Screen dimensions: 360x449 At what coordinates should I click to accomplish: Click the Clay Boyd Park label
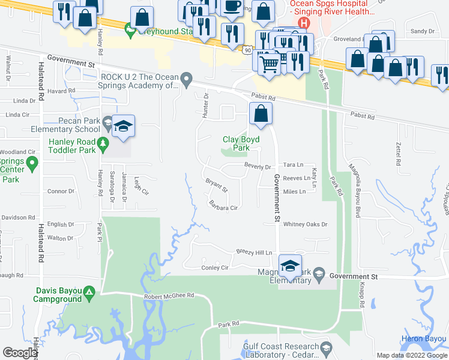click(236, 143)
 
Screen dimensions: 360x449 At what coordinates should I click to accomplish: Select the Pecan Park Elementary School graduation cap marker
click(123, 127)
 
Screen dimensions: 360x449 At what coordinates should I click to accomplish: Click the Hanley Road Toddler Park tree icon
click(103, 143)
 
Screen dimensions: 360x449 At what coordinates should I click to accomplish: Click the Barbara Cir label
click(224, 208)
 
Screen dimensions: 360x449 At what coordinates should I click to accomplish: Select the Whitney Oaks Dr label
click(306, 224)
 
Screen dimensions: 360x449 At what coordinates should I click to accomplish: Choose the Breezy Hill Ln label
click(254, 253)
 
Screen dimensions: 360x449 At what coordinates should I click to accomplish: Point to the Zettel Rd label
click(397, 154)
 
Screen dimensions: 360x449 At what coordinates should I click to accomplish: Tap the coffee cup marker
click(232, 7)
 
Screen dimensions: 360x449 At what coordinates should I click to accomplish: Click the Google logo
click(20, 353)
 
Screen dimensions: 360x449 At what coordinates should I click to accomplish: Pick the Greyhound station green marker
click(129, 28)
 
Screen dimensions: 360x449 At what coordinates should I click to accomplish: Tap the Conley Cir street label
click(215, 268)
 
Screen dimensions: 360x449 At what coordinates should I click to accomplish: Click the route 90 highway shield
click(248, 51)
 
